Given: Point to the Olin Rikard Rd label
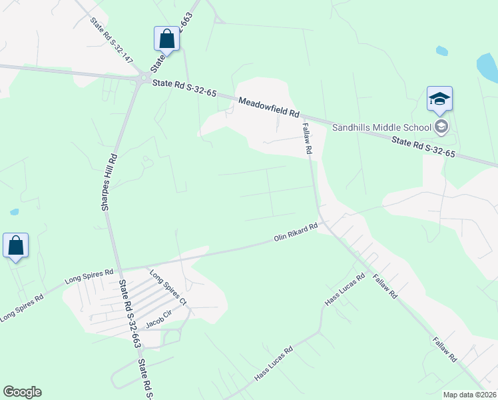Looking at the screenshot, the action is [296, 233].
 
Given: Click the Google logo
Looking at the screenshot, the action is [22, 392].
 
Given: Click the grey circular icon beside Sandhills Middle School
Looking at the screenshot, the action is [441, 126].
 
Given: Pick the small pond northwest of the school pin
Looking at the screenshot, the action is [441, 51].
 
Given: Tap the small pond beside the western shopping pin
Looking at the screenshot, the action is [15, 212].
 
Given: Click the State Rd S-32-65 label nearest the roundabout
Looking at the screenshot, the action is [184, 88].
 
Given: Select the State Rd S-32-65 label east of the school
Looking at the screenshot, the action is [423, 147].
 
